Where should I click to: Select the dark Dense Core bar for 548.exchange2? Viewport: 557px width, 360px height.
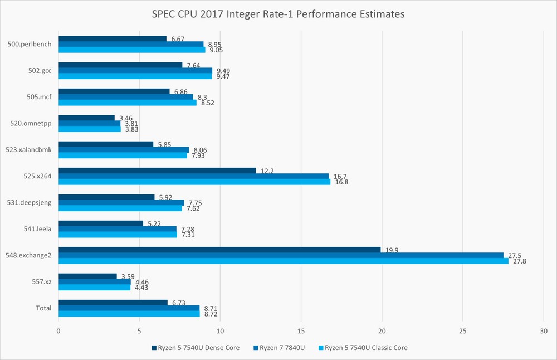pos(219,250)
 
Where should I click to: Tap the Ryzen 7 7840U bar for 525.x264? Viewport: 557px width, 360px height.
pos(193,176)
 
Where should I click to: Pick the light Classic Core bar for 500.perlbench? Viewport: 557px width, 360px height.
pos(132,50)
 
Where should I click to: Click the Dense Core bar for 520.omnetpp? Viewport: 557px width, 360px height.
pos(86,118)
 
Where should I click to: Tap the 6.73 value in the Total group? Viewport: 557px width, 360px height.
pos(177,303)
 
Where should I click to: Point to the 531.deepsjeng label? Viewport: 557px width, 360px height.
pos(31,202)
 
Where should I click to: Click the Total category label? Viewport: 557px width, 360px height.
pos(43,308)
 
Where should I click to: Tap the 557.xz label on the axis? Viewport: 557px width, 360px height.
pos(42,282)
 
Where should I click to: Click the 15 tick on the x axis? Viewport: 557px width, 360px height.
pos(301,330)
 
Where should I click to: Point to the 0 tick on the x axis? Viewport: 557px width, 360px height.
pos(58,330)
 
